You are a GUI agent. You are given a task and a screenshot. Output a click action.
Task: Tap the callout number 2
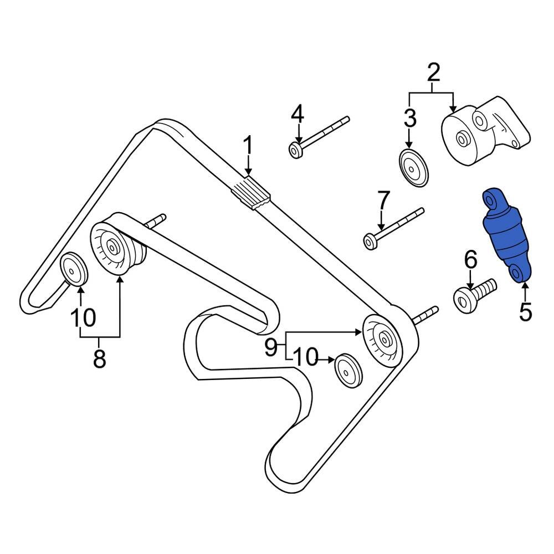433,73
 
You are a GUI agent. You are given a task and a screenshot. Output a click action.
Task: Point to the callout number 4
297,115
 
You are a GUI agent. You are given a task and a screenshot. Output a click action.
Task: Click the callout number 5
525,311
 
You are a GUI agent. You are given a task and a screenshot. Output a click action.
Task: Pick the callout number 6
470,259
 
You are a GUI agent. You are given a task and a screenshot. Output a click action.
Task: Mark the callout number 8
100,359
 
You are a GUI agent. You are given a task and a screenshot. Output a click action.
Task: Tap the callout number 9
271,347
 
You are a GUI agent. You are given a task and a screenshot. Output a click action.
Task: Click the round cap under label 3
413,168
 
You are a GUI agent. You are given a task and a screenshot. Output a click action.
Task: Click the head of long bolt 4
295,150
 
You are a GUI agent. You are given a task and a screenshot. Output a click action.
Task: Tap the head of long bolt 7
370,240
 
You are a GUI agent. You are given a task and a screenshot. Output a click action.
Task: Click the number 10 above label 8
83,317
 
